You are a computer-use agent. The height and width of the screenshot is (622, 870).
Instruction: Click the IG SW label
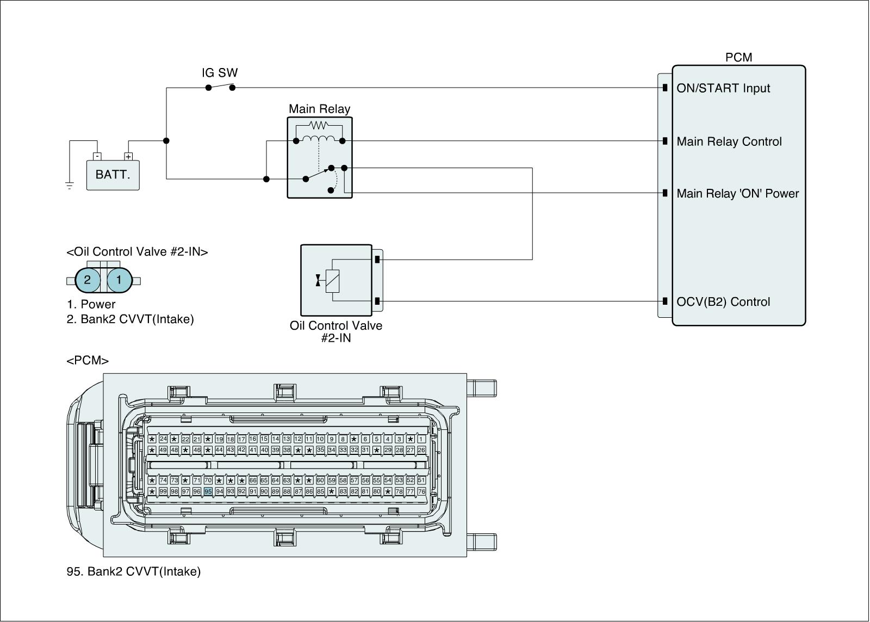(220, 73)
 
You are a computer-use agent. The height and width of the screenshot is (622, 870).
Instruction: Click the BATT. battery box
(113, 175)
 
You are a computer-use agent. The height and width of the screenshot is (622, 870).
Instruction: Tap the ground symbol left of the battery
(70, 186)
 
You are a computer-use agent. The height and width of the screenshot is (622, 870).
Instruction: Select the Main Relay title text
(319, 109)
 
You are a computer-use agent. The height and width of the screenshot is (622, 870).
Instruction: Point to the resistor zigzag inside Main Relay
(319, 126)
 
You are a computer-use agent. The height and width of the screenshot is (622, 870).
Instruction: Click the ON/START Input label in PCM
(723, 88)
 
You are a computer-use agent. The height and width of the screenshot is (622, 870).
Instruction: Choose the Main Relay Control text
(729, 141)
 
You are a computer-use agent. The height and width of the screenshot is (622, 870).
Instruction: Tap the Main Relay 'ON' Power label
(738, 193)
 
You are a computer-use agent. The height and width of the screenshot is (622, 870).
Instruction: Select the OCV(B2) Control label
(723, 302)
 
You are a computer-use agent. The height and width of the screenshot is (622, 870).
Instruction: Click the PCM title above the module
(738, 58)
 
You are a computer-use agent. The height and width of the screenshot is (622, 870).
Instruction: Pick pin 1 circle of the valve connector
(119, 281)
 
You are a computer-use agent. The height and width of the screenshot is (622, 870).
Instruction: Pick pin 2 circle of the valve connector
(88, 281)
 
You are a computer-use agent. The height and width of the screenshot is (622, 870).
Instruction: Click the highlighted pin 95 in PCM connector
(208, 491)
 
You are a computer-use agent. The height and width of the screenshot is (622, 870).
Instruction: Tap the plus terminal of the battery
(128, 157)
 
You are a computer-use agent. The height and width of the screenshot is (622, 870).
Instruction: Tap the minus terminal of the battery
(97, 157)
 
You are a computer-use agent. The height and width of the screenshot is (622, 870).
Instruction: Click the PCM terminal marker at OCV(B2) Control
(665, 301)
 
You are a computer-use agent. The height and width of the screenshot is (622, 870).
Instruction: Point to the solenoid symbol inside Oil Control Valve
(332, 281)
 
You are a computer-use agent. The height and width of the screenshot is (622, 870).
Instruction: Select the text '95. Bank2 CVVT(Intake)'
(134, 571)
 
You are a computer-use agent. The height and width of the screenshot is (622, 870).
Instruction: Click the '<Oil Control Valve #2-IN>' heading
(137, 252)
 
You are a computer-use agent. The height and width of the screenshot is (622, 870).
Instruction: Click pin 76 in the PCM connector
(421, 491)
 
